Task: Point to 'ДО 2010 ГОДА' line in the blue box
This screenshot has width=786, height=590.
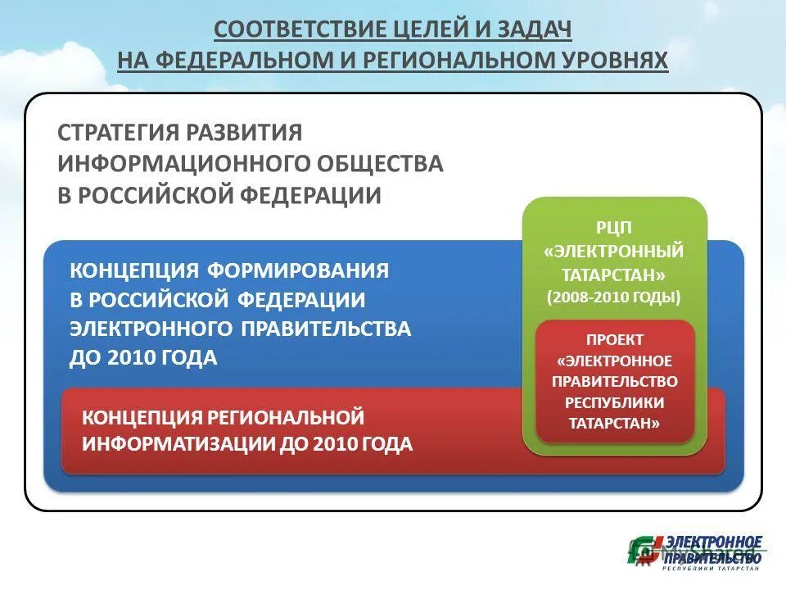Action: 143,357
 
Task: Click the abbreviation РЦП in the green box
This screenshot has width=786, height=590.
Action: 614,227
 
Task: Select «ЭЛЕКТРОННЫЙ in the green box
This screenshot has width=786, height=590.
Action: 614,251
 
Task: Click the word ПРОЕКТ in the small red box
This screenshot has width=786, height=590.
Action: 615,339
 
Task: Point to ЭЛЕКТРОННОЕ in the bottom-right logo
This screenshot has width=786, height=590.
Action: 713,542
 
